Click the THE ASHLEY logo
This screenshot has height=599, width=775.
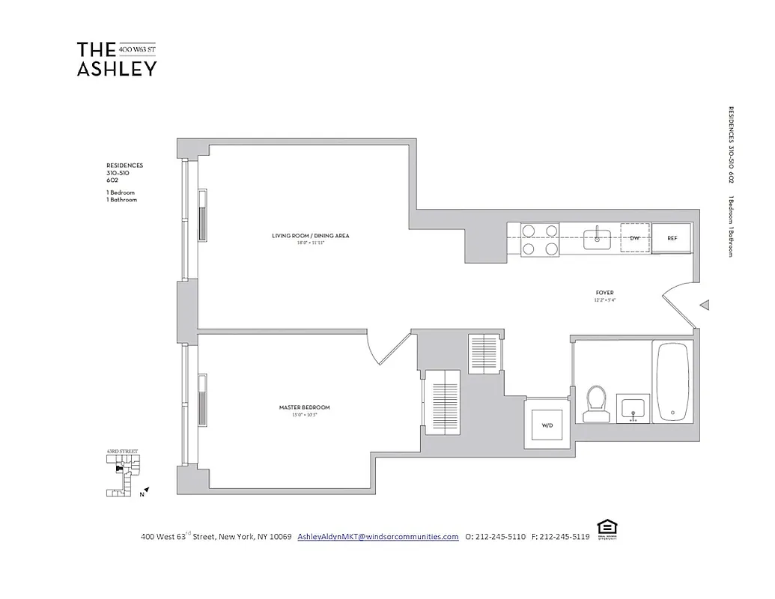116,59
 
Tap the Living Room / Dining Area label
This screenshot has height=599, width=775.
310,237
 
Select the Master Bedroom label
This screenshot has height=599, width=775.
304,408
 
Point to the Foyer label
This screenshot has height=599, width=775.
605,293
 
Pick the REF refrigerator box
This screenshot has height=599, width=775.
672,238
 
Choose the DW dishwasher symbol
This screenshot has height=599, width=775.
634,238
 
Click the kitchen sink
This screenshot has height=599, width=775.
599,238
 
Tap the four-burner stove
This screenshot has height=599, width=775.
540,240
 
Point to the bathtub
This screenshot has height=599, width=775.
675,383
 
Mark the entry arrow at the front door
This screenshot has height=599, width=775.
704,305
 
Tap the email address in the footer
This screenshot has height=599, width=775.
377,537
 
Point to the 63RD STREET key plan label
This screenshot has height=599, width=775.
122,452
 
